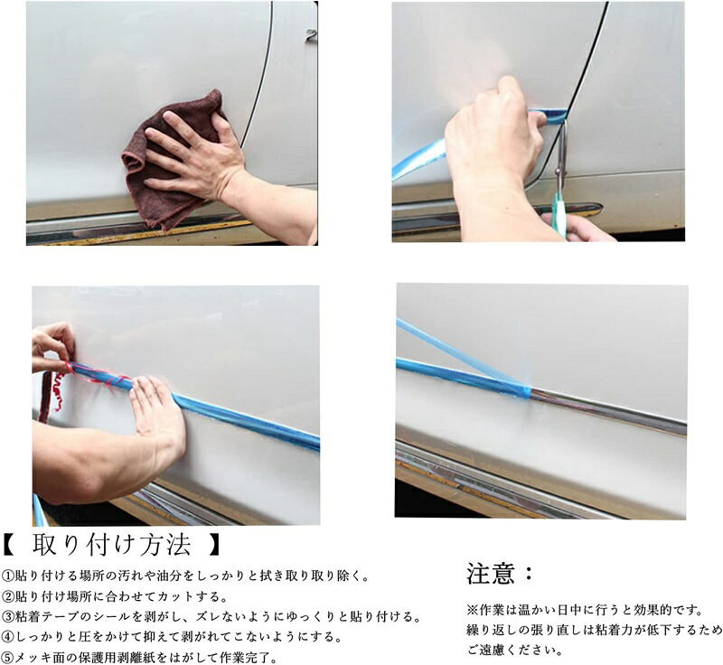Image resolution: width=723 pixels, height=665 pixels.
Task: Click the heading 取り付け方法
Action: tap(111, 546)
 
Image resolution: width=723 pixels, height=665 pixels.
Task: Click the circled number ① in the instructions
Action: tap(7, 576)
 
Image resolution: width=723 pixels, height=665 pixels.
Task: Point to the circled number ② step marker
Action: tap(7, 596)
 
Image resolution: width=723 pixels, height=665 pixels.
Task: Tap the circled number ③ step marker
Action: tap(7, 616)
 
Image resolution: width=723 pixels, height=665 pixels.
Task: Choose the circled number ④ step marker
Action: tap(7, 637)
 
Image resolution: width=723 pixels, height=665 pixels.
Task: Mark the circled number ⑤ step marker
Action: tap(7, 657)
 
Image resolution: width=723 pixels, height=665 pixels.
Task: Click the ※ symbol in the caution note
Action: tap(473, 611)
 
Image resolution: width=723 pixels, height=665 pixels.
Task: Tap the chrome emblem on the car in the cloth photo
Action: tap(312, 36)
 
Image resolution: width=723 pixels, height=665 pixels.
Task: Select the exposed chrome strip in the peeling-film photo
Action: tap(607, 409)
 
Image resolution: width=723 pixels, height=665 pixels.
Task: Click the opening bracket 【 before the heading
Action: tap(10, 546)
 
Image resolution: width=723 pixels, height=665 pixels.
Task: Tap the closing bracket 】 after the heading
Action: tap(213, 546)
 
